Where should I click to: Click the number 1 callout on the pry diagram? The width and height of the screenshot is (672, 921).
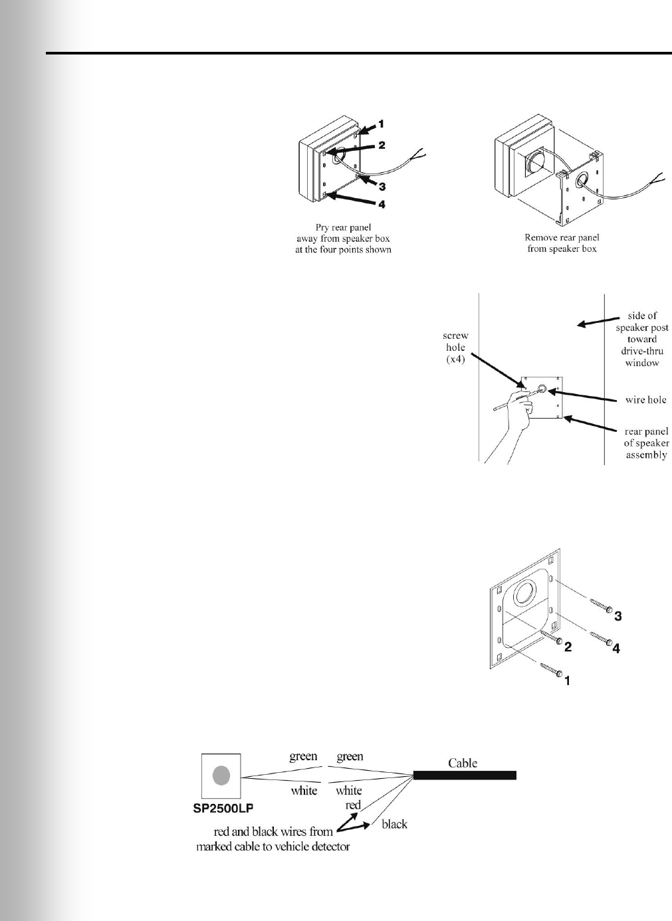[x=382, y=124]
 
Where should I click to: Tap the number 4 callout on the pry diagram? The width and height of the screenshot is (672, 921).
[x=382, y=205]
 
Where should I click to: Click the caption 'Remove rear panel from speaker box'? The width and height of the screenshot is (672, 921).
[x=562, y=243]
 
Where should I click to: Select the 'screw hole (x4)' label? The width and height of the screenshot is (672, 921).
[x=456, y=347]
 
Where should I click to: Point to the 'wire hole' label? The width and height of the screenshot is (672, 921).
[x=646, y=400]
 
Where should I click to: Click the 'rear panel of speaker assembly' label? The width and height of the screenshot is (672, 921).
[x=646, y=443]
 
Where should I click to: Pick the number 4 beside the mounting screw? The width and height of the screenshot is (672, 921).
[x=616, y=649]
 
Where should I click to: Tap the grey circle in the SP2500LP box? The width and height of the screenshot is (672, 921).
[x=221, y=775]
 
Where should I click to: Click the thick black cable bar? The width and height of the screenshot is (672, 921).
[x=465, y=775]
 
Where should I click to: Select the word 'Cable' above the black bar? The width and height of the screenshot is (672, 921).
[x=463, y=763]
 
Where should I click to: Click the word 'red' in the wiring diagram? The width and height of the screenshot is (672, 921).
[x=353, y=805]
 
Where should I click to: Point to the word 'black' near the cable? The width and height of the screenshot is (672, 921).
[x=394, y=824]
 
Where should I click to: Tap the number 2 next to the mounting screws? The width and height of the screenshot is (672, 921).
[x=568, y=645]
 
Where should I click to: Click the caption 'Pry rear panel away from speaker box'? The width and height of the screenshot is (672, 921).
[x=343, y=239]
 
